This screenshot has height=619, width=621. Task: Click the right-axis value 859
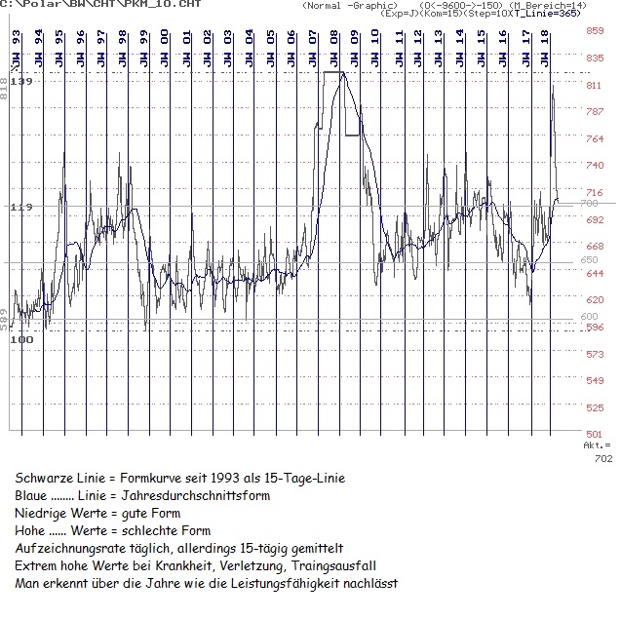[594, 31]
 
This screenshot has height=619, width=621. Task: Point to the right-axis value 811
[594, 86]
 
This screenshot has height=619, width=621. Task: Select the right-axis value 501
[594, 434]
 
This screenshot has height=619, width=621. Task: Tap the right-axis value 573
[594, 357]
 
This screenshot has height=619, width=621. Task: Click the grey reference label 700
[589, 204]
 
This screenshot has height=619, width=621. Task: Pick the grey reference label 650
[589, 260]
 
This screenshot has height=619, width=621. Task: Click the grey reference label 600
[589, 317]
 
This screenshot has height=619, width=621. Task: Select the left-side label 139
[20, 82]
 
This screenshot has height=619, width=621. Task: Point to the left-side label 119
[20, 208]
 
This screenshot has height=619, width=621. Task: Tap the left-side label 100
[20, 339]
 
